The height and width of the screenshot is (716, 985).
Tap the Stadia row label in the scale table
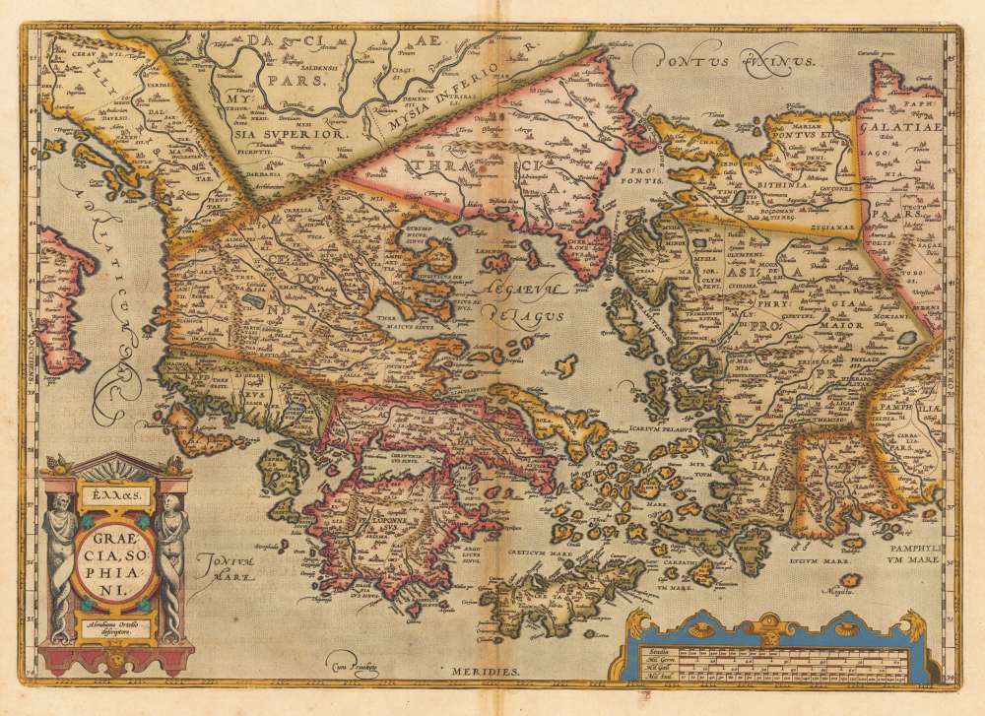[x=653, y=650]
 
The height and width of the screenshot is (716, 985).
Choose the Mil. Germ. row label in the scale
[x=655, y=659]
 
